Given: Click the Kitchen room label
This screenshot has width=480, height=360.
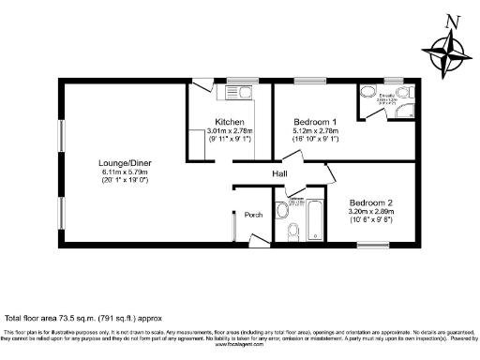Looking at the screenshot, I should point(231,123).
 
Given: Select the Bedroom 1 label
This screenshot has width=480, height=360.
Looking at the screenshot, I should point(315,123).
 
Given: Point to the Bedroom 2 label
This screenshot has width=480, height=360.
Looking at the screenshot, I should point(371,202).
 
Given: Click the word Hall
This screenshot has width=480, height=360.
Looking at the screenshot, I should point(279,174).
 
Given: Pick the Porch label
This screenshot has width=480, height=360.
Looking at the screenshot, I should point(253,215).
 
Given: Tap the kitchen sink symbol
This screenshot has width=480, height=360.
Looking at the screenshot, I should point(238,92).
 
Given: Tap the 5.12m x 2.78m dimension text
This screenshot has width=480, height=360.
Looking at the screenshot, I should point(315,132).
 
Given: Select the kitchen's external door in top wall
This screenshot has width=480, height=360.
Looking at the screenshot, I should point(201,87).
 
